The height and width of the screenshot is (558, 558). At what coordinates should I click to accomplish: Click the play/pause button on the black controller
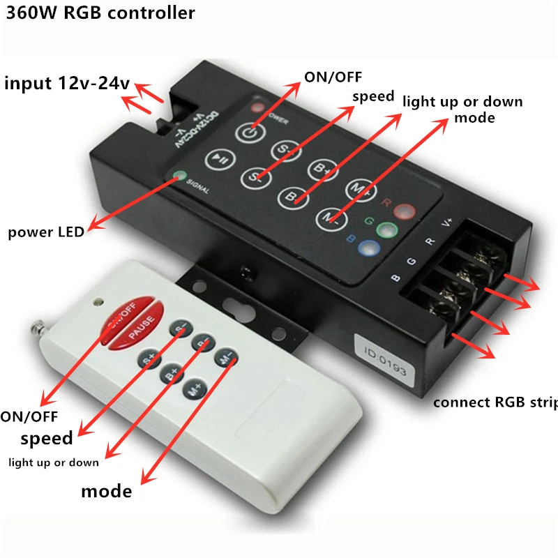coord(220,159)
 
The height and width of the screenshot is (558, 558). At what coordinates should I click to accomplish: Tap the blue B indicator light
coord(366,247)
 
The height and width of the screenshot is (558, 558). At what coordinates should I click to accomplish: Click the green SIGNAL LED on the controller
coord(180,177)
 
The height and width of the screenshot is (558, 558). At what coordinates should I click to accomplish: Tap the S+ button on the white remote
coord(149,361)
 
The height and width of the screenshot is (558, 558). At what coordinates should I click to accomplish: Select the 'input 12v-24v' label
coord(67,84)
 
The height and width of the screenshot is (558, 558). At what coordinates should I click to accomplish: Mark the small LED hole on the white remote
coord(98,302)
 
